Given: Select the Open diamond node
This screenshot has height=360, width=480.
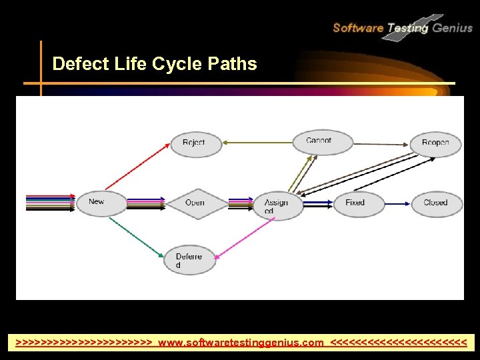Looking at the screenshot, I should [x=194, y=203].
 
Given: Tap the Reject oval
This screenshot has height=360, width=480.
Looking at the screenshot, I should [x=195, y=143].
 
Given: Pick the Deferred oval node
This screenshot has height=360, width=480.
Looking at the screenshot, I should [x=190, y=259].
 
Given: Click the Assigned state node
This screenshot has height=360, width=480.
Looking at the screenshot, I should [x=278, y=204].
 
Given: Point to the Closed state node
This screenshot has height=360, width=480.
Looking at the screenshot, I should [x=435, y=203].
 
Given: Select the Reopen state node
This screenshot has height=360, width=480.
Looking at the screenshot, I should [x=435, y=143].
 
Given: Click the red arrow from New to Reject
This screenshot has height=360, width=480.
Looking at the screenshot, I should [x=137, y=165].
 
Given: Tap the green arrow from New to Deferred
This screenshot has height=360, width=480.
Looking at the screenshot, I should [x=136, y=237].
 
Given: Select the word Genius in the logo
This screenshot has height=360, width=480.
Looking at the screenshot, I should [x=453, y=28].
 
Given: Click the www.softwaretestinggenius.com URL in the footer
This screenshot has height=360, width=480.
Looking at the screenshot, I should [x=241, y=343].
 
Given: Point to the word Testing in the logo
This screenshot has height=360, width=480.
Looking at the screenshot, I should [x=407, y=28].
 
